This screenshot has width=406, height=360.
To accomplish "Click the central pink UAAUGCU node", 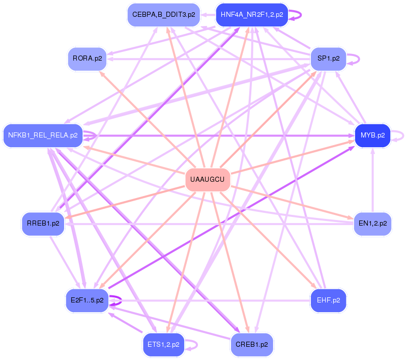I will click(x=207, y=179).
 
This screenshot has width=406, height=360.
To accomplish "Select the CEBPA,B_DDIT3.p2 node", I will click(x=163, y=15).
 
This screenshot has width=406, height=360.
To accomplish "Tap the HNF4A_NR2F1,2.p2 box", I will click(x=252, y=15).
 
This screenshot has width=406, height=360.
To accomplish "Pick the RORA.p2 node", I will click(x=88, y=58).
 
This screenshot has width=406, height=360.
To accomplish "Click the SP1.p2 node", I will click(x=329, y=58).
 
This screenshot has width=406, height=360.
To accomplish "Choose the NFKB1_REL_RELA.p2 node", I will click(x=43, y=135).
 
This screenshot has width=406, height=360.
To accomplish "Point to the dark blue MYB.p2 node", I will click(x=372, y=135).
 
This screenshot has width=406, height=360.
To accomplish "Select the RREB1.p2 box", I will click(x=43, y=223).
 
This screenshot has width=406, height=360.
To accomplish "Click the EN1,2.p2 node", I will click(x=372, y=223).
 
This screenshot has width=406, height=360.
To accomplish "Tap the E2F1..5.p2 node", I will click(x=85, y=300).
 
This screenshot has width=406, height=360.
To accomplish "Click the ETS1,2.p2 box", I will click(x=163, y=344).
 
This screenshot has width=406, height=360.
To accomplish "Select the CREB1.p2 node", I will click(x=252, y=344).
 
